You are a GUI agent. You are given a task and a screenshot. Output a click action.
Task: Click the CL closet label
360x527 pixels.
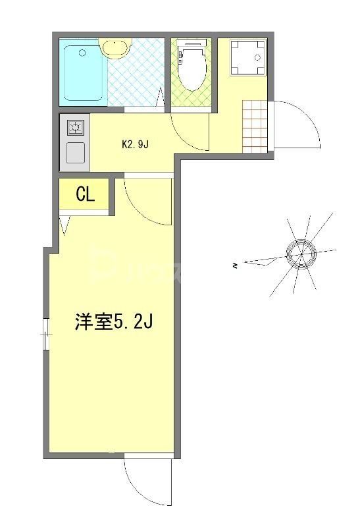pyautogui.click(x=86, y=194)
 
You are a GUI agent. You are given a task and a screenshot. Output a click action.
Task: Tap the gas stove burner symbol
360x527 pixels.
pyautogui.click(x=75, y=128)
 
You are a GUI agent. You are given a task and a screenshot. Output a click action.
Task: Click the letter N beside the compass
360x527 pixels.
pyautogui.click(x=234, y=265)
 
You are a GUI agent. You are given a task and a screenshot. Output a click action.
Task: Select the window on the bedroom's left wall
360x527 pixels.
pyautogui.click(x=46, y=334)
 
